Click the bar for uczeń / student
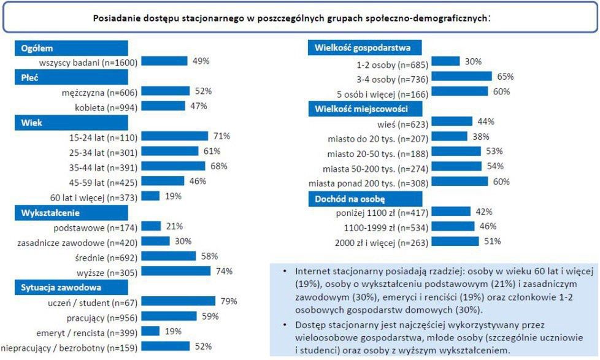(178, 301)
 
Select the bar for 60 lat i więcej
(150, 196)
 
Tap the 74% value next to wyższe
(223, 271)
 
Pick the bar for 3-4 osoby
(461, 77)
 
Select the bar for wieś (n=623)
(452, 121)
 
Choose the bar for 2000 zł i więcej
(456, 241)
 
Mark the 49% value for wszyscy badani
(201, 61)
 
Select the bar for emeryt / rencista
(150, 331)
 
